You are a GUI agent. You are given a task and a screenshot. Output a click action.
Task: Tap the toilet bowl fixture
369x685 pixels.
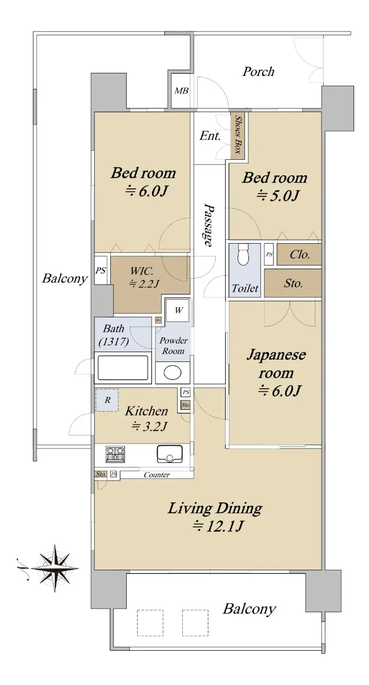click(x=244, y=254)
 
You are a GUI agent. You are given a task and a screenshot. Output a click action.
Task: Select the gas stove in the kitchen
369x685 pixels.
click(x=115, y=454)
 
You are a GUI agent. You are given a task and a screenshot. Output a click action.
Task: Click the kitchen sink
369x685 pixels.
click(x=170, y=454)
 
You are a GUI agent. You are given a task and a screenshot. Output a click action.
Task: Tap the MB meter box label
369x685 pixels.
click(x=181, y=91)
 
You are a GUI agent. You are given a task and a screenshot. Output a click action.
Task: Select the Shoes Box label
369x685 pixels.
click(x=238, y=135)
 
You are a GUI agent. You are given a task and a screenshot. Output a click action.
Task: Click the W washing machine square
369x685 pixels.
click(x=178, y=311)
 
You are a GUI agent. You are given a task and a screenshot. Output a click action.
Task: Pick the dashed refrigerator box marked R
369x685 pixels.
click(x=107, y=400)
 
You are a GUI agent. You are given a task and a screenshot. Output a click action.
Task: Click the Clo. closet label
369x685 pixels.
click(x=299, y=254)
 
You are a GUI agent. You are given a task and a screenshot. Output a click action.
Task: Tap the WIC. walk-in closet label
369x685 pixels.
click(x=142, y=271)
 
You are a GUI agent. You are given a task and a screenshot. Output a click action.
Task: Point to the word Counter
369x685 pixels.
click(x=157, y=475)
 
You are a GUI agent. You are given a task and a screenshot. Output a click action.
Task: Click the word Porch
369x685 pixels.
click(x=258, y=72)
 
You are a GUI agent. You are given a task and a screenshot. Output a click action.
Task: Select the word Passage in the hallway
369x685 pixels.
click(x=208, y=225)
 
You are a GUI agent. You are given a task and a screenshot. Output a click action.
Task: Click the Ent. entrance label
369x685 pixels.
click(x=210, y=135)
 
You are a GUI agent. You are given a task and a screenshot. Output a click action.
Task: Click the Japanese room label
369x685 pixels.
click(x=276, y=364)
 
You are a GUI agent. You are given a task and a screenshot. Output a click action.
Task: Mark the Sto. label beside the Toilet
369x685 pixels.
click(x=293, y=284)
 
